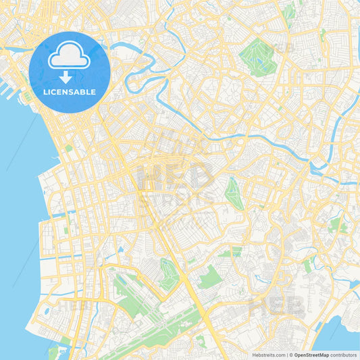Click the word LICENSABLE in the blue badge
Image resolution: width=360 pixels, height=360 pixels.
coord(69,92)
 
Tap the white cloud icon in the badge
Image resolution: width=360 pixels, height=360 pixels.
coord(69,55)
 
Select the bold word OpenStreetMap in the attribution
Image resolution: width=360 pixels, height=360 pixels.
coord(311,354)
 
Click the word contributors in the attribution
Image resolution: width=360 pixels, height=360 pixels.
coord(343,354)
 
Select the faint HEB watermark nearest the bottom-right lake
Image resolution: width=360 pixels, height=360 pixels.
coord(277,307)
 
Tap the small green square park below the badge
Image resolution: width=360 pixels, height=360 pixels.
coord(68,148)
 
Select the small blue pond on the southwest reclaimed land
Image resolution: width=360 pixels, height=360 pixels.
coord(45,311)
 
